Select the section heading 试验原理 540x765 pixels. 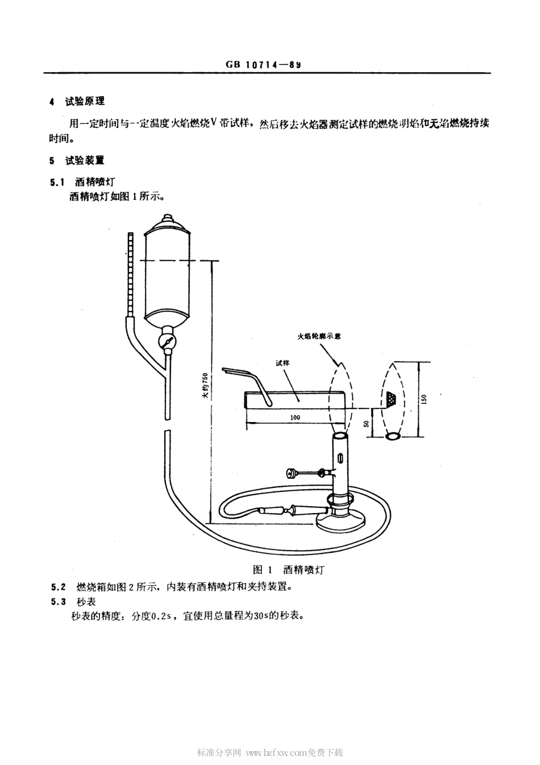tap(85, 101)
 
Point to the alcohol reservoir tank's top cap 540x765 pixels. tap(167, 219)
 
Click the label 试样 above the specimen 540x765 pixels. tap(282, 362)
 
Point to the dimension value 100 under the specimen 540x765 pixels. tap(294, 417)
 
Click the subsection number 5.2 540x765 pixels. tap(58, 587)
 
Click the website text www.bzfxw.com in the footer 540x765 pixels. tap(276, 752)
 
